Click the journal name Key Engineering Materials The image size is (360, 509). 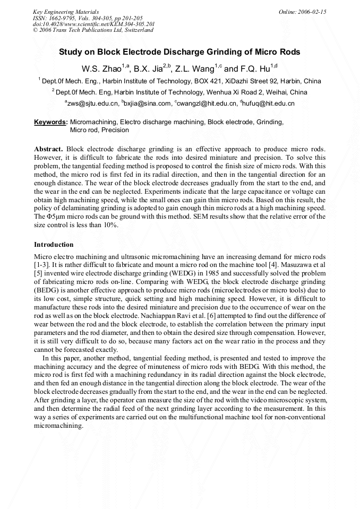click(x=66, y=12)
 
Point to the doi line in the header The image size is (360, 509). click(x=93, y=24)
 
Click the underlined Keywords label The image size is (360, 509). click(x=50, y=122)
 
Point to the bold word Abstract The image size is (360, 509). click(x=48, y=150)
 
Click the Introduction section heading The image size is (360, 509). click(x=54, y=245)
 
